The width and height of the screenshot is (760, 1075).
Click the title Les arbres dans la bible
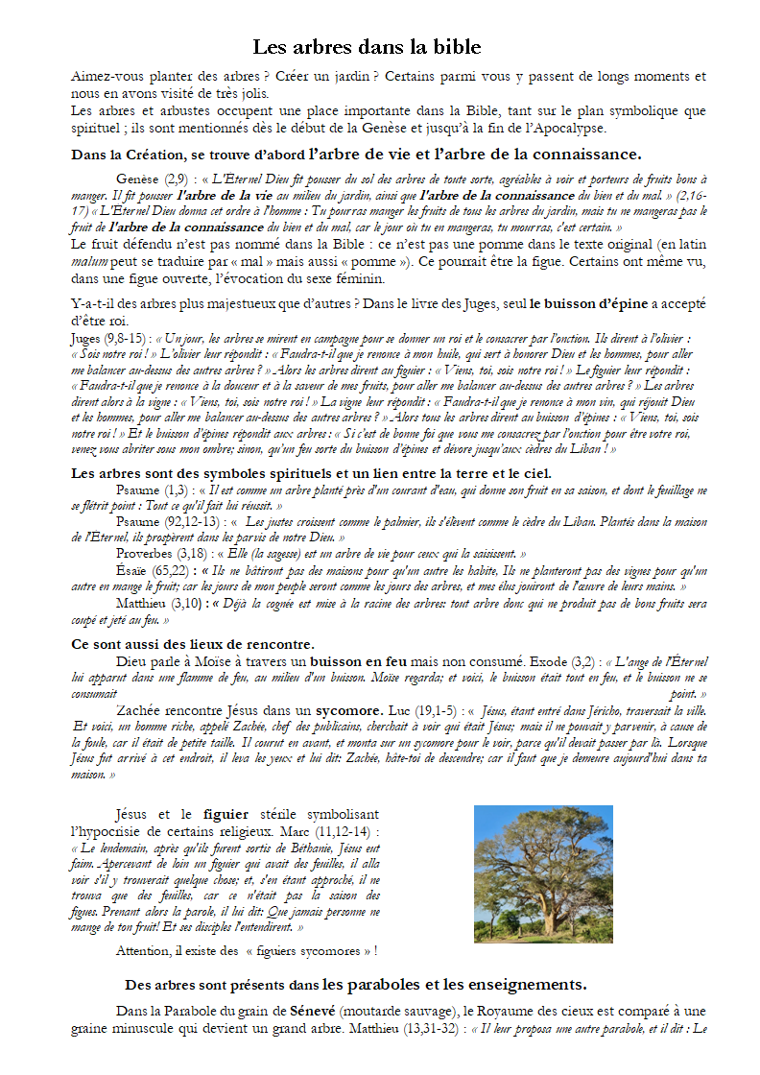(367, 47)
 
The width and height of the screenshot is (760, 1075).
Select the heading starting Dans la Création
(356, 155)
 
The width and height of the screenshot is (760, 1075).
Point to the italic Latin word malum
(87, 263)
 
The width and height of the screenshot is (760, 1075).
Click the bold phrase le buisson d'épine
(590, 305)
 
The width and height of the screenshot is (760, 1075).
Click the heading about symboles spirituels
(311, 473)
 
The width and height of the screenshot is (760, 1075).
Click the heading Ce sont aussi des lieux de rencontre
(193, 644)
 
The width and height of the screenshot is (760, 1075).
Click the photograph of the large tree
(543, 873)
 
